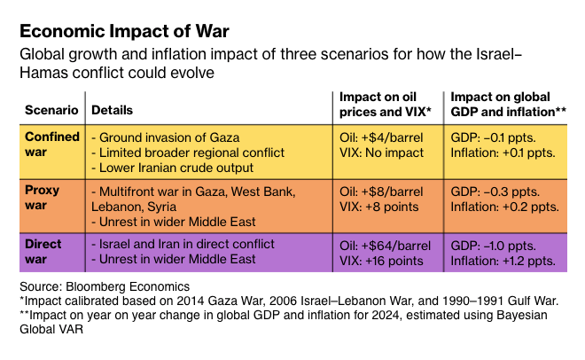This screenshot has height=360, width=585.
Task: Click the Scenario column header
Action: (x=50, y=111)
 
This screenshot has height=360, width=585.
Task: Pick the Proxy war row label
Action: (x=41, y=199)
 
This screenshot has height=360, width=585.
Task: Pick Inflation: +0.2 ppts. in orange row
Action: (x=504, y=207)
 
